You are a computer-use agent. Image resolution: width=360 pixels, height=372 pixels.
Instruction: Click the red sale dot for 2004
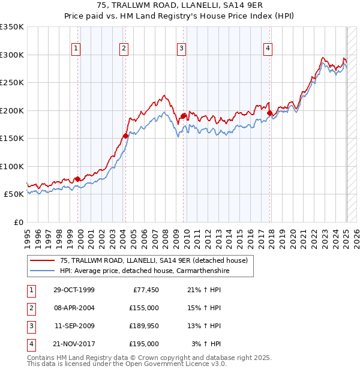(x=125, y=136)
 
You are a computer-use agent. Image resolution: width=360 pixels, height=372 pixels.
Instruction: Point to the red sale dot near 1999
(x=77, y=179)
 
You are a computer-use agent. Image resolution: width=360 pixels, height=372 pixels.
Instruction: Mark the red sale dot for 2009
(x=183, y=116)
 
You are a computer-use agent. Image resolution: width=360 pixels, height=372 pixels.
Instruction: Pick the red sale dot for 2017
(x=270, y=113)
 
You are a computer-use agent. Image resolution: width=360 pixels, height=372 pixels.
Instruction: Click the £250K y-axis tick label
(x=12, y=83)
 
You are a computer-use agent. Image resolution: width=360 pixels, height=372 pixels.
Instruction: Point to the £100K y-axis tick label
(x=12, y=166)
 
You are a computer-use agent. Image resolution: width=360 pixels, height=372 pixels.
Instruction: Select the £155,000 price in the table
(x=144, y=308)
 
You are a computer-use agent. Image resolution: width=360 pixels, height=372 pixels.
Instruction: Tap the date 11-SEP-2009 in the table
(x=74, y=326)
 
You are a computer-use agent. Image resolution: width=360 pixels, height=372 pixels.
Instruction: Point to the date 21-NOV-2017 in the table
(x=74, y=344)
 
